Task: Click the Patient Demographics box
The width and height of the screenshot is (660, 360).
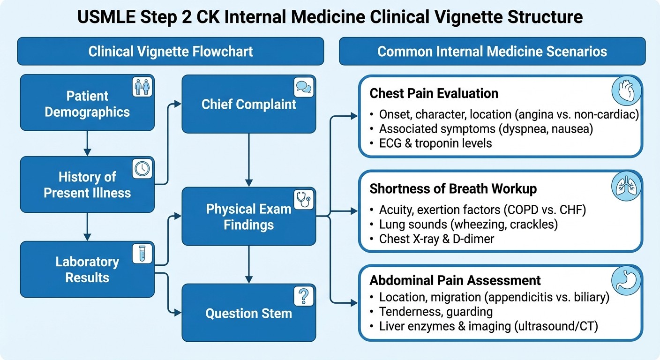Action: pos(87,104)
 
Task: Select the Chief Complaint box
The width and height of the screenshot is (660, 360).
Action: pos(248,104)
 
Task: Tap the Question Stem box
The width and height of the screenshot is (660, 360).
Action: pos(248,313)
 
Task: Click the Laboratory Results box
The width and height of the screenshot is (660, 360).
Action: pos(87,270)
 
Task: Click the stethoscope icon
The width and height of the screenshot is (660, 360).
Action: pos(303,200)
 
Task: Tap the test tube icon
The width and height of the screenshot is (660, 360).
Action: pos(142,254)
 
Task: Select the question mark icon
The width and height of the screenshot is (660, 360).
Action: pos(303,296)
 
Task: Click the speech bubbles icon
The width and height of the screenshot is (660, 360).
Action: pos(303,87)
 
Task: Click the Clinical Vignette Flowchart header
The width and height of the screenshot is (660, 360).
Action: pos(171,51)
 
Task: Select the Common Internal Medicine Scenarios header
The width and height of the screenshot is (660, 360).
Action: pos(492,51)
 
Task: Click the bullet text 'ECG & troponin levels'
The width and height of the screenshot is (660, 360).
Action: pos(435,143)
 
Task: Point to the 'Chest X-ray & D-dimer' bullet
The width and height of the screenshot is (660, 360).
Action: pos(436,239)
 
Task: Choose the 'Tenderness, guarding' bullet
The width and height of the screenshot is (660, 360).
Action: pos(435,311)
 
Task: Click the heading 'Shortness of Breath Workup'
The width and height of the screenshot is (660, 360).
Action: pos(453,188)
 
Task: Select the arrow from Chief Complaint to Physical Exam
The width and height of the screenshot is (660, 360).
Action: pos(248,159)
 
